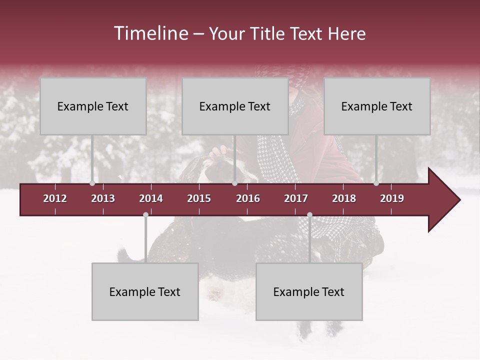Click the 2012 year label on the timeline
pos(55,198)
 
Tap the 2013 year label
pos(103,198)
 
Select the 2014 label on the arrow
pos(151,198)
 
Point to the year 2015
pos(199,198)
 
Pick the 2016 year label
pos(248,198)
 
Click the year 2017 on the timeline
pos(296,198)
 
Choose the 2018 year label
pos(344,198)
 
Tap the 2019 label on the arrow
pos(392,198)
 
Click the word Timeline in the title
pos(150,33)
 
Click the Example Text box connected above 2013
pos(93,106)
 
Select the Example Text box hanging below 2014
pos(145,291)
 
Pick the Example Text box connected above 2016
pos(235,106)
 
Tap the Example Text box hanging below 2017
pos(309,291)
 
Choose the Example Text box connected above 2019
pos(377,106)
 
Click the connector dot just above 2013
pos(92,183)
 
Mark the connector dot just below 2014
pos(145,215)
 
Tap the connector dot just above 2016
pos(234,183)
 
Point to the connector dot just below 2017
pos(309,215)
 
